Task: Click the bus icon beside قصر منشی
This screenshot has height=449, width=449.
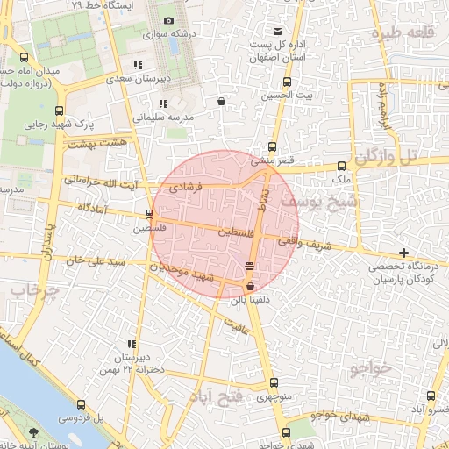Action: (272, 147)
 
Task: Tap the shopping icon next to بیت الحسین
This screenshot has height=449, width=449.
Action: (220, 102)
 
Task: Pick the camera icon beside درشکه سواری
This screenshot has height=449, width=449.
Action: (168, 20)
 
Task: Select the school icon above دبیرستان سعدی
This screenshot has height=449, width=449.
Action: (138, 66)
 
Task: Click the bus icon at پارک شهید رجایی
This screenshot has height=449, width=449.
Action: (59, 110)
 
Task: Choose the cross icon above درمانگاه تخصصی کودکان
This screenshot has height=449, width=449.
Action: (403, 253)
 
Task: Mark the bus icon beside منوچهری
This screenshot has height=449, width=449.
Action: (274, 382)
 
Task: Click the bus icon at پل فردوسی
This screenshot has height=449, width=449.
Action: (82, 405)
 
